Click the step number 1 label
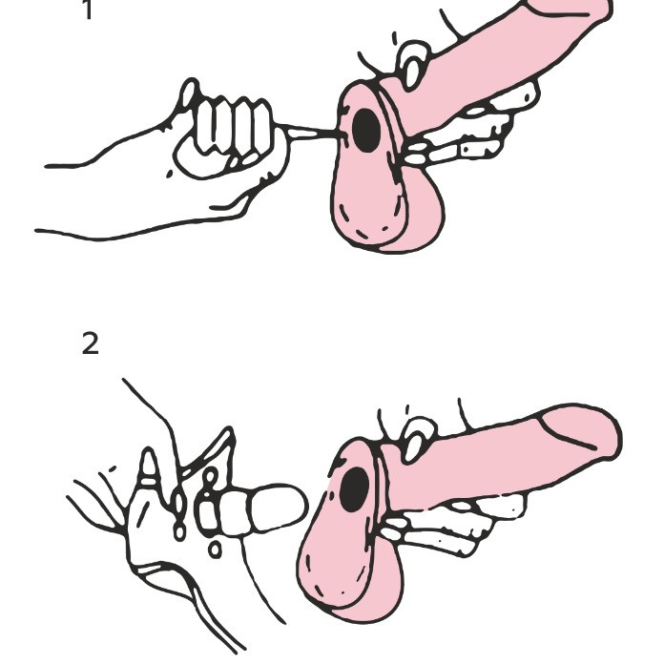pos(88,10)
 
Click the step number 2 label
pos(91,343)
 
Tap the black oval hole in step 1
pos(366,131)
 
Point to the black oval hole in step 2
pos(355,489)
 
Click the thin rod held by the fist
pos(311,132)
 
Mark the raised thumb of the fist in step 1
pos(189,93)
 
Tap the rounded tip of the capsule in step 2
pos(292,508)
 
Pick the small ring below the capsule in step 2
pos(215,550)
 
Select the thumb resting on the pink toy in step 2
pos(419,438)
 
